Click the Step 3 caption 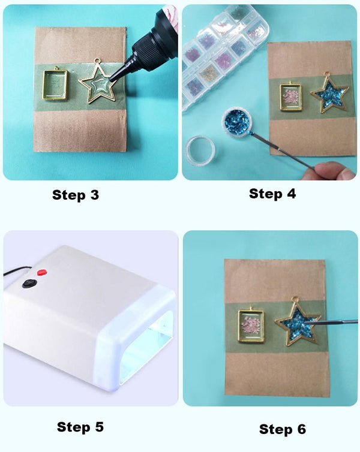pyautogui.click(x=76, y=195)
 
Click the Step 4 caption pyautogui.click(x=272, y=193)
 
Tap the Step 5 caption pyautogui.click(x=80, y=427)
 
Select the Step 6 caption pyautogui.click(x=282, y=429)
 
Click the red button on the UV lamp pyautogui.click(x=42, y=273)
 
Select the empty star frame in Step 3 pyautogui.click(x=99, y=84)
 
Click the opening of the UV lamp pyautogui.click(x=147, y=354)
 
